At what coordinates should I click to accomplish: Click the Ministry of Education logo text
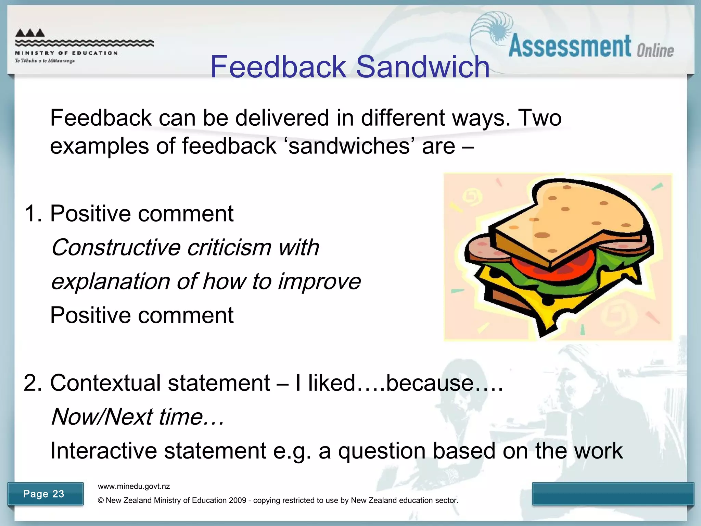[66, 53]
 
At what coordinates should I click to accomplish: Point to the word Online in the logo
[655, 51]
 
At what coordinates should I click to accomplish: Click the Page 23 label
[44, 494]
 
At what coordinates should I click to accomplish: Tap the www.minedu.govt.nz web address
[134, 487]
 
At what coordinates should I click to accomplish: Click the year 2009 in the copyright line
[238, 500]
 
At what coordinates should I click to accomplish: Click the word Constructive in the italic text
[116, 247]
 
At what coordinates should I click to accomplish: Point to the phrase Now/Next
[102, 417]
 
